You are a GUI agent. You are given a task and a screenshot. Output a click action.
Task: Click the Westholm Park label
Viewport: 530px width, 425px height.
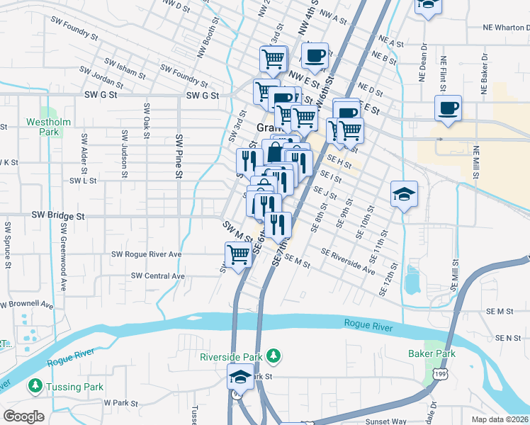48,127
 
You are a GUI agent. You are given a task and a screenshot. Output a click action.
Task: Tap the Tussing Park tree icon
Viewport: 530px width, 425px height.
34,386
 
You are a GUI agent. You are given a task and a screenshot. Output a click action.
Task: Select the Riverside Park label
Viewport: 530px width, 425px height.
232,356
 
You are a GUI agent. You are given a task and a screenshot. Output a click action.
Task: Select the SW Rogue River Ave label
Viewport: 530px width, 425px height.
147,254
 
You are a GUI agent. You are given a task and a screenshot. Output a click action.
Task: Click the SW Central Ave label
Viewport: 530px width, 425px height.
157,276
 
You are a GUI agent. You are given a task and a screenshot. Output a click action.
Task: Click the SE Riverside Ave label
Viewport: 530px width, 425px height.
347,261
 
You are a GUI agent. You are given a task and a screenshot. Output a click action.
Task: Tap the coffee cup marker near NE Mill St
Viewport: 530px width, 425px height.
448,109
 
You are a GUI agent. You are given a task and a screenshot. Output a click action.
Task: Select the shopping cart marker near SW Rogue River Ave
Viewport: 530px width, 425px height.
239,254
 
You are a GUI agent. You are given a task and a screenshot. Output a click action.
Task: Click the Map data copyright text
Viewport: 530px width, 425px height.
500,419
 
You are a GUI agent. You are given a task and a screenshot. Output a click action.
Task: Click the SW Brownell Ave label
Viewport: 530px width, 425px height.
27,304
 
